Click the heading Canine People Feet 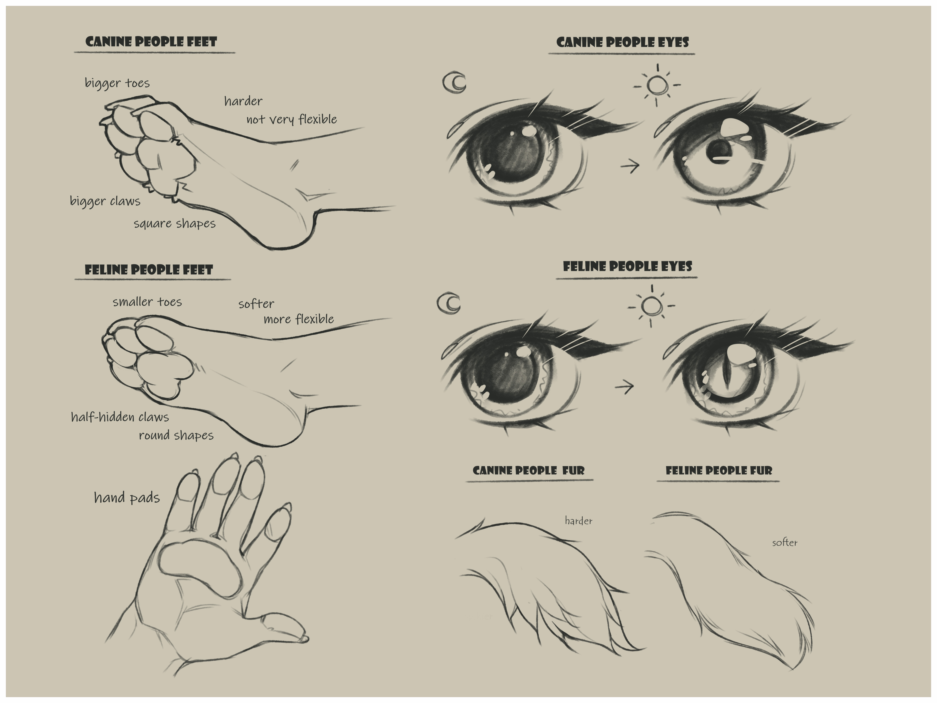pos(151,41)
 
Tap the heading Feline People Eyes pos(627,266)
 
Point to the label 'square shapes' pos(175,223)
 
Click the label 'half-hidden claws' pos(120,417)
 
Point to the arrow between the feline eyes pos(624,386)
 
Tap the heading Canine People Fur pos(529,470)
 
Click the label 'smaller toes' pos(147,302)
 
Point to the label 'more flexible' pos(299,319)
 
